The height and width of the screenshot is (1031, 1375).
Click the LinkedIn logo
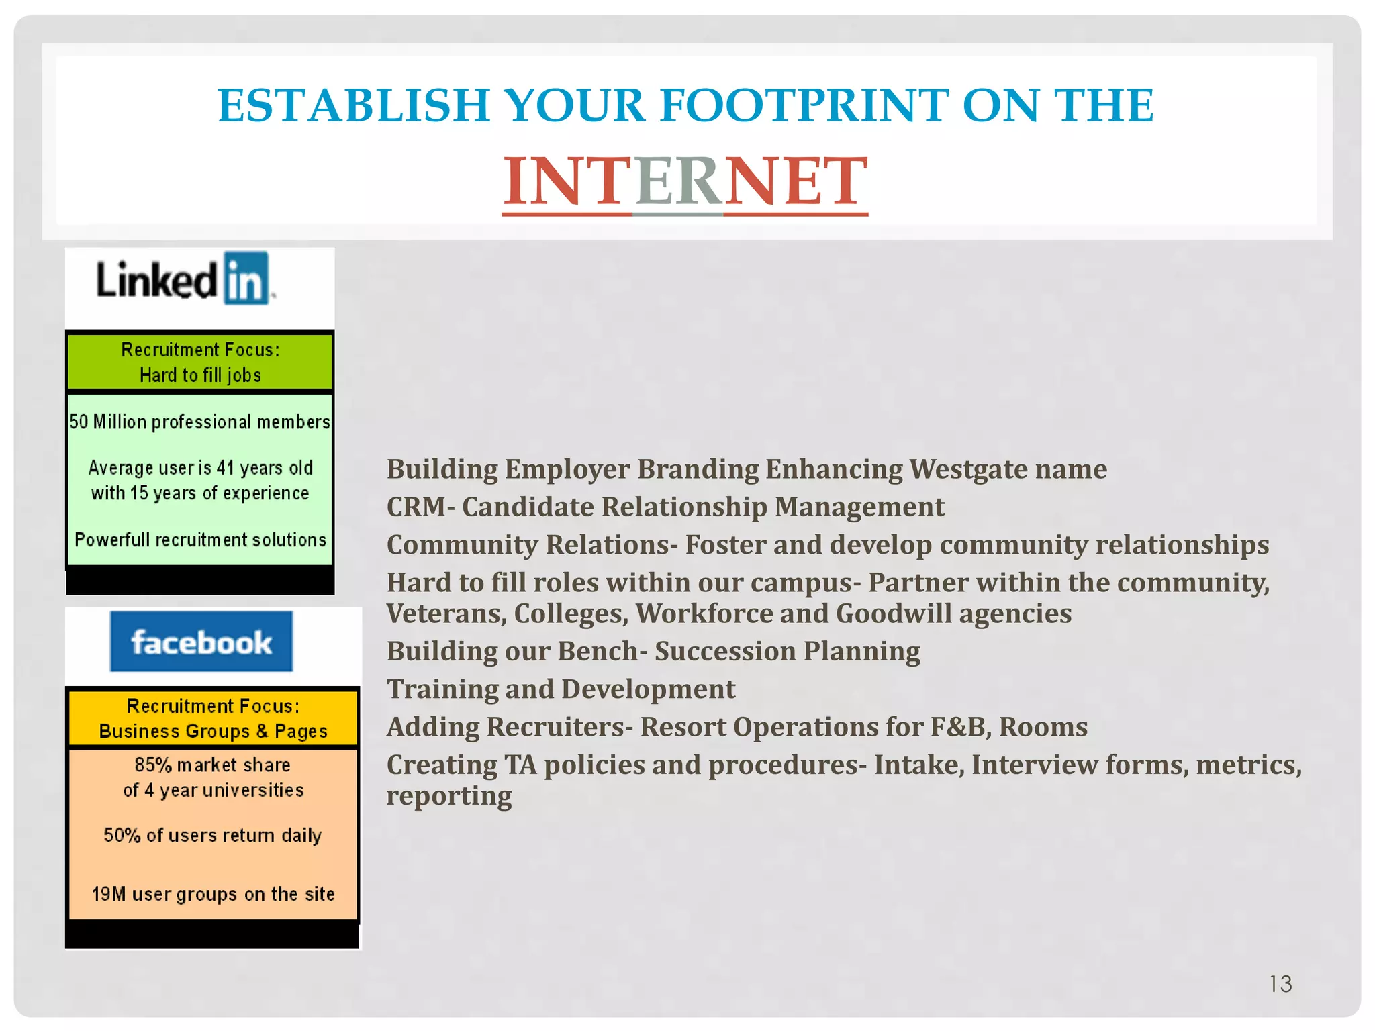click(x=184, y=280)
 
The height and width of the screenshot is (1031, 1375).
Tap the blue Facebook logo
click(x=201, y=642)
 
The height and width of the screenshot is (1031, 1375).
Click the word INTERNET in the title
click(x=685, y=181)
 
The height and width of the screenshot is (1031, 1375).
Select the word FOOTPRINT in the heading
click(x=803, y=106)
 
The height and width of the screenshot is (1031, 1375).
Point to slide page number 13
click(x=1280, y=984)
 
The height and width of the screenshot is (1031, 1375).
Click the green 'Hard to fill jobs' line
click(x=200, y=375)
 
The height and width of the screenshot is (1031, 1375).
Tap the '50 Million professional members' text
click(x=200, y=422)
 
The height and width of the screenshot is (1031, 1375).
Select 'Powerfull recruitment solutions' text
click(x=200, y=540)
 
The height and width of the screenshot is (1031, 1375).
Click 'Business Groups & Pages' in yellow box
click(x=213, y=731)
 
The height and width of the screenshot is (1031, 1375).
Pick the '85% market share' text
click(x=213, y=765)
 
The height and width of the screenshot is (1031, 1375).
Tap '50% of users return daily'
click(x=213, y=835)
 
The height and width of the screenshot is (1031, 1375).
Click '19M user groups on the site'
click(x=213, y=894)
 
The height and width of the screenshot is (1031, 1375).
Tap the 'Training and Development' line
click(x=561, y=689)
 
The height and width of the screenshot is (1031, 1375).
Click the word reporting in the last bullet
click(x=448, y=796)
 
